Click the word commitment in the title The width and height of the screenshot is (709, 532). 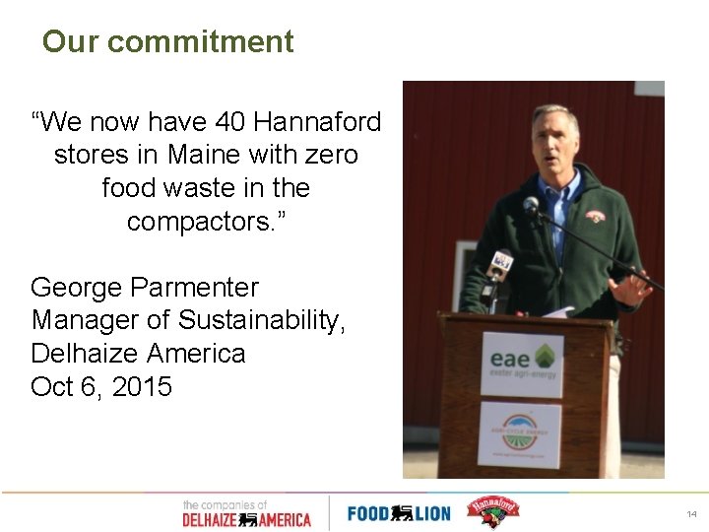coord(200,41)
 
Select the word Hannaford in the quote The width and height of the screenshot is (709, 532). coord(317,122)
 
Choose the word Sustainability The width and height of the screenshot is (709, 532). coord(262,320)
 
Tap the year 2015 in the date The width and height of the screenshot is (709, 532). coord(143,386)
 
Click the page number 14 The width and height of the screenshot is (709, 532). coord(691,513)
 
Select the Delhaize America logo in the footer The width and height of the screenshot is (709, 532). coord(245,513)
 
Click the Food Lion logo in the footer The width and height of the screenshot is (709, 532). coord(398,512)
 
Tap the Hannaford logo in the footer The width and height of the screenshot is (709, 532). coord(491,511)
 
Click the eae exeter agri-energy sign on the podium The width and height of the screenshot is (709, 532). coord(521,363)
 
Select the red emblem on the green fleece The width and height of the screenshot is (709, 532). coord(595,216)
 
